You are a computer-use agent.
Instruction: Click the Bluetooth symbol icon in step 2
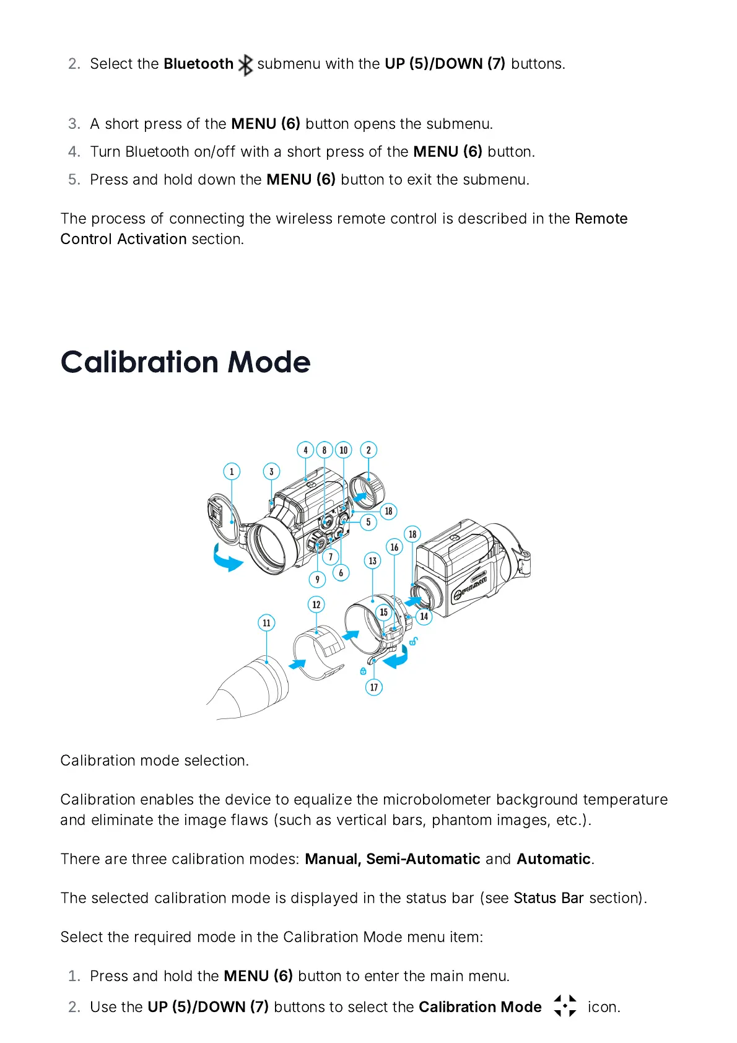pyautogui.click(x=246, y=64)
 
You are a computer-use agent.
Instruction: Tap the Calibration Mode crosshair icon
pyautogui.click(x=565, y=1006)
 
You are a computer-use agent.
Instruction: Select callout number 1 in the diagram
pyautogui.click(x=232, y=471)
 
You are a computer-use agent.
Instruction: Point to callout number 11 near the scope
pyautogui.click(x=266, y=622)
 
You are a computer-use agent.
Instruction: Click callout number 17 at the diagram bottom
pyautogui.click(x=373, y=687)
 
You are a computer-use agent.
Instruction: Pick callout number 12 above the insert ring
pyautogui.click(x=316, y=604)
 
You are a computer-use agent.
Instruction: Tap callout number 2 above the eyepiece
pyautogui.click(x=368, y=450)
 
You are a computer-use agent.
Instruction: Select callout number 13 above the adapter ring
pyautogui.click(x=372, y=561)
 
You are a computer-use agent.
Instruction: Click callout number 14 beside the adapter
pyautogui.click(x=424, y=616)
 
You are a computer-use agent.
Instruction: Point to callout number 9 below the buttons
pyautogui.click(x=317, y=579)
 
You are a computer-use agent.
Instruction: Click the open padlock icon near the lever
pyautogui.click(x=414, y=641)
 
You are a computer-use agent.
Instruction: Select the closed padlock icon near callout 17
pyautogui.click(x=363, y=671)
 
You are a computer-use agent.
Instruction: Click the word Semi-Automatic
pyautogui.click(x=423, y=859)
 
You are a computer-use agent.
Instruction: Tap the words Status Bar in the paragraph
pyautogui.click(x=549, y=898)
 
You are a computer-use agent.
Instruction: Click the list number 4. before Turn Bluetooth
pyautogui.click(x=74, y=152)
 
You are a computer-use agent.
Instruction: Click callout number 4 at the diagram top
pyautogui.click(x=305, y=450)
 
